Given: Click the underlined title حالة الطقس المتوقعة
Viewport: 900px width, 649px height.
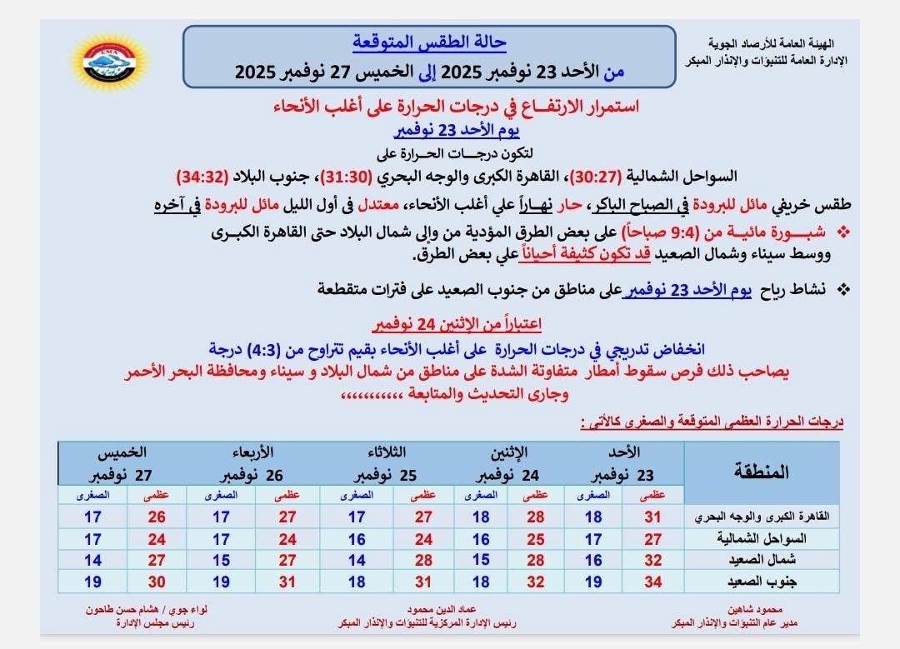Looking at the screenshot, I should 429,42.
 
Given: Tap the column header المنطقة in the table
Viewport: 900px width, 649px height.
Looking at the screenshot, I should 762,472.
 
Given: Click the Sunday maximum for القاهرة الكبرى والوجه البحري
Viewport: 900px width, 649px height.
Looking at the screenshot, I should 652,517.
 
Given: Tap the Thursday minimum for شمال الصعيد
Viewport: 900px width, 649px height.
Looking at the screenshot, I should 92,559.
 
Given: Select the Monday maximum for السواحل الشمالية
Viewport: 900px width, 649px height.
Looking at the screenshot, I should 536,538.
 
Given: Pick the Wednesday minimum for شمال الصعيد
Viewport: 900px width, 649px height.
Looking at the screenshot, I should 221,559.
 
